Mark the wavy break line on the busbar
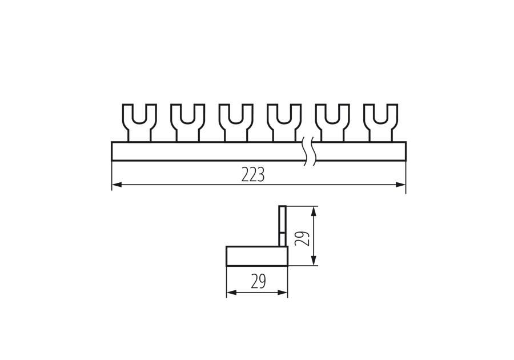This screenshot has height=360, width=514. tap(310, 151)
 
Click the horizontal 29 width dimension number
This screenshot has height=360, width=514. tap(258, 281)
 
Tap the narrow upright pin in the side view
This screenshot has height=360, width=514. tap(282, 226)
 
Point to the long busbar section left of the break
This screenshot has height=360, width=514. tap(206, 151)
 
